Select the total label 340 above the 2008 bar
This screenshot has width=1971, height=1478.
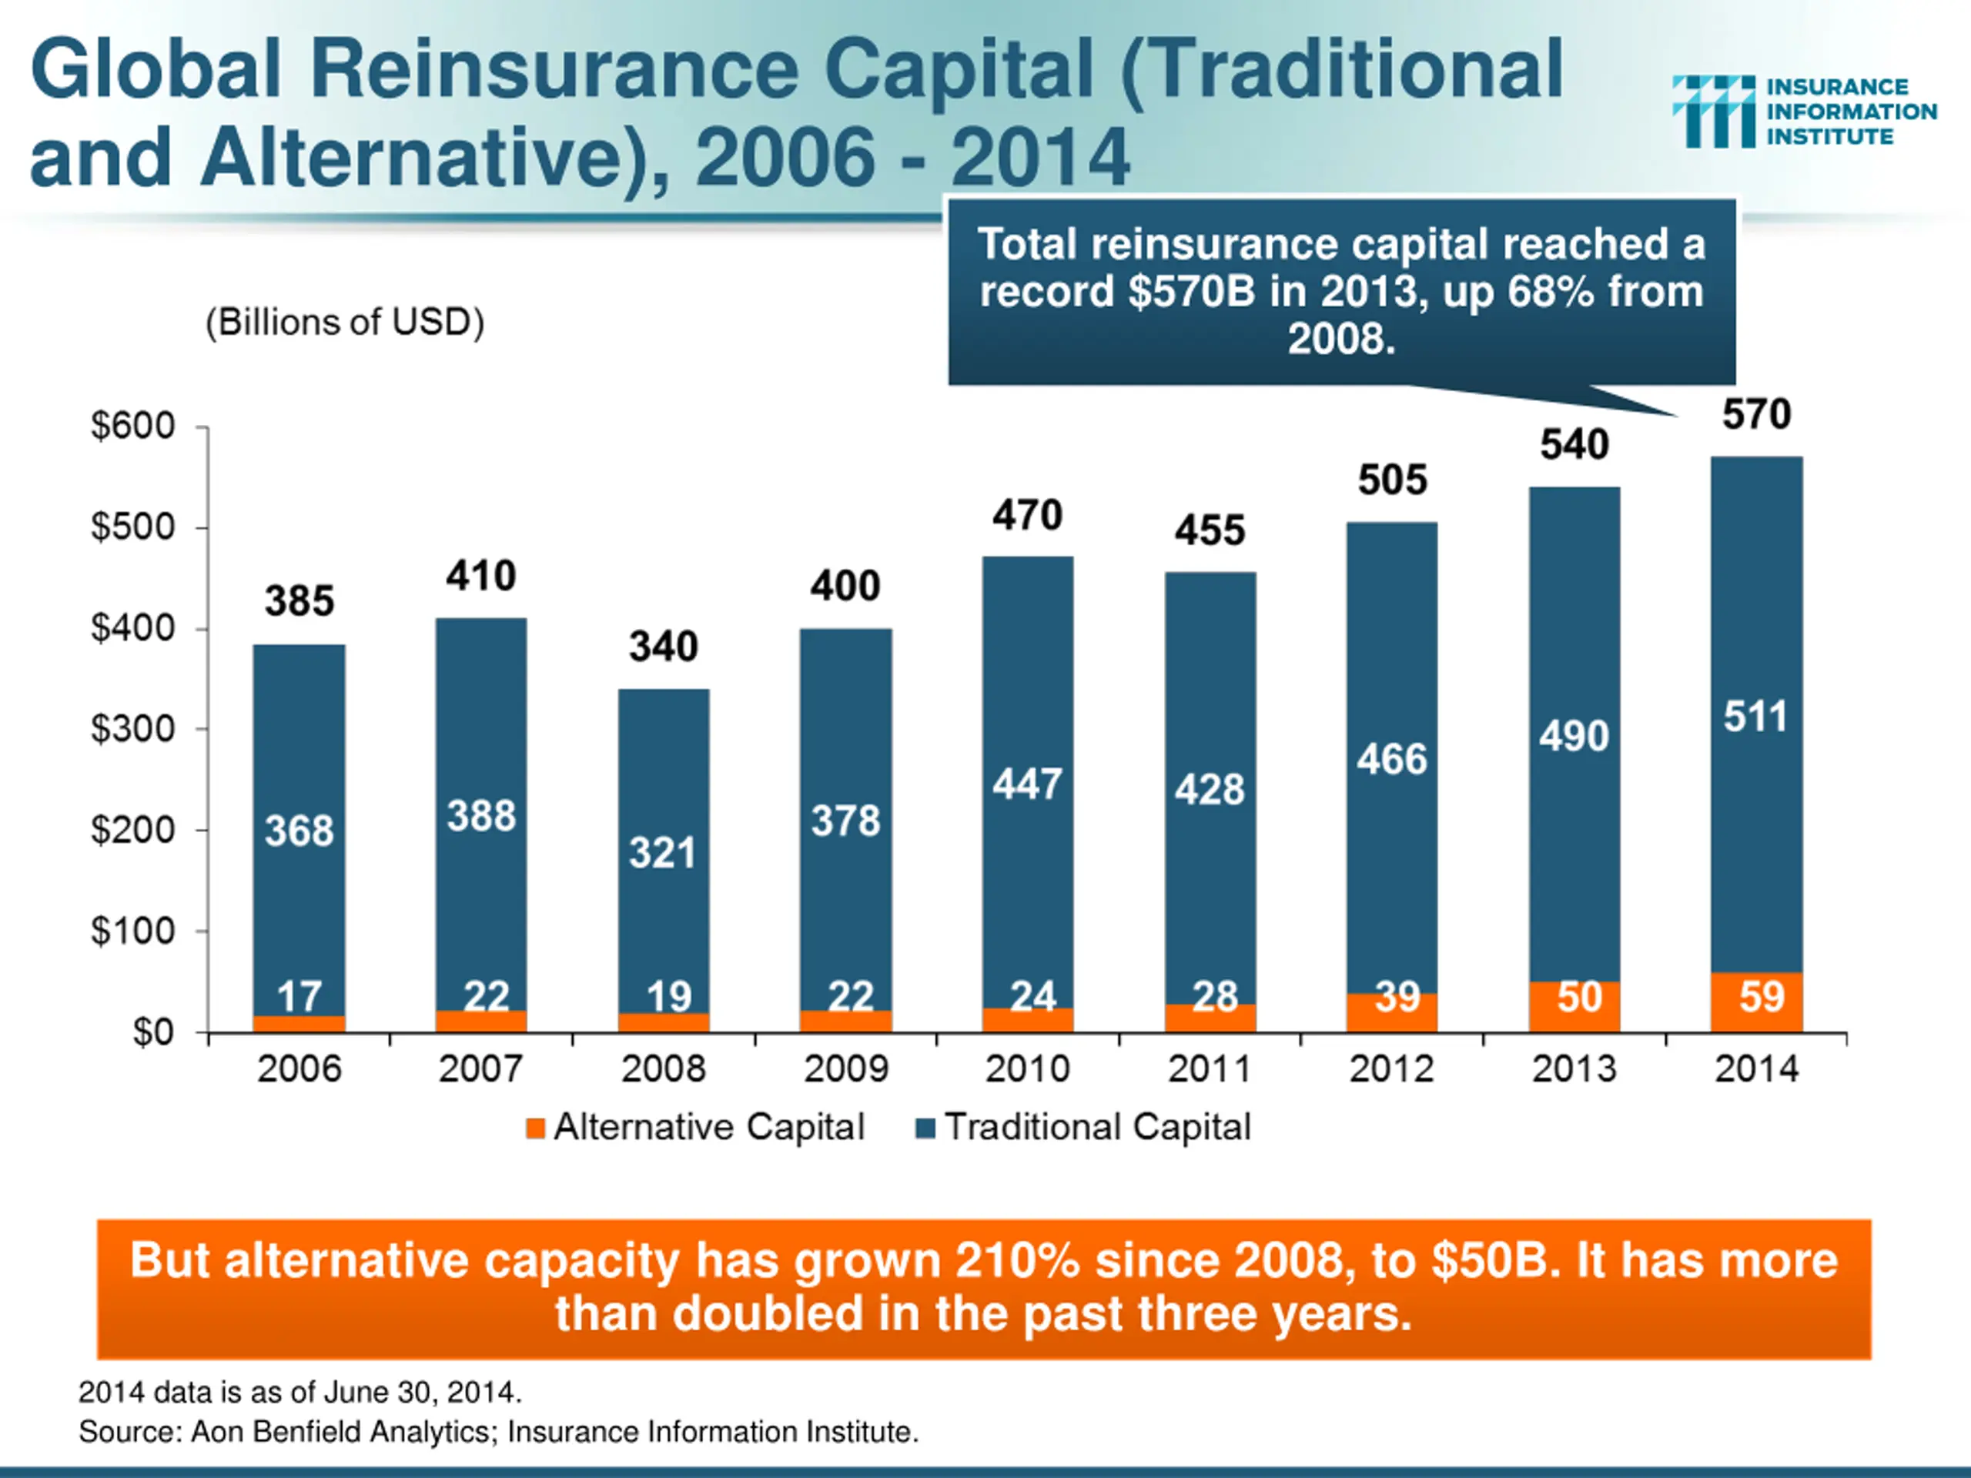click(663, 647)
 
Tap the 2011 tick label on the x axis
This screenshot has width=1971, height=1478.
click(1209, 1069)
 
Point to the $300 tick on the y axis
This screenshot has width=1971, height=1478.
click(134, 730)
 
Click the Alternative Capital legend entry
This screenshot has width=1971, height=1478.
click(696, 1128)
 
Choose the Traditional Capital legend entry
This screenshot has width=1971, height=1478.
click(1083, 1128)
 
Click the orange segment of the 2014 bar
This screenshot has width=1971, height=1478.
click(1756, 1002)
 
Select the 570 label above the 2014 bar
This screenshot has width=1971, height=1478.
click(1756, 415)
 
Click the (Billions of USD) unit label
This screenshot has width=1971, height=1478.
click(345, 323)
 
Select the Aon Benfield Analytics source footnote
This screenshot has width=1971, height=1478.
click(498, 1432)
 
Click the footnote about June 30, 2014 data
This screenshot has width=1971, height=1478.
click(299, 1392)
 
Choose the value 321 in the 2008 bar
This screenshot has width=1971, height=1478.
click(662, 854)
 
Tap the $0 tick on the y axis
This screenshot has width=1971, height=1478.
click(153, 1032)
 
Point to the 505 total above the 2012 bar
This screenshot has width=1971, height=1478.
click(1392, 481)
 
